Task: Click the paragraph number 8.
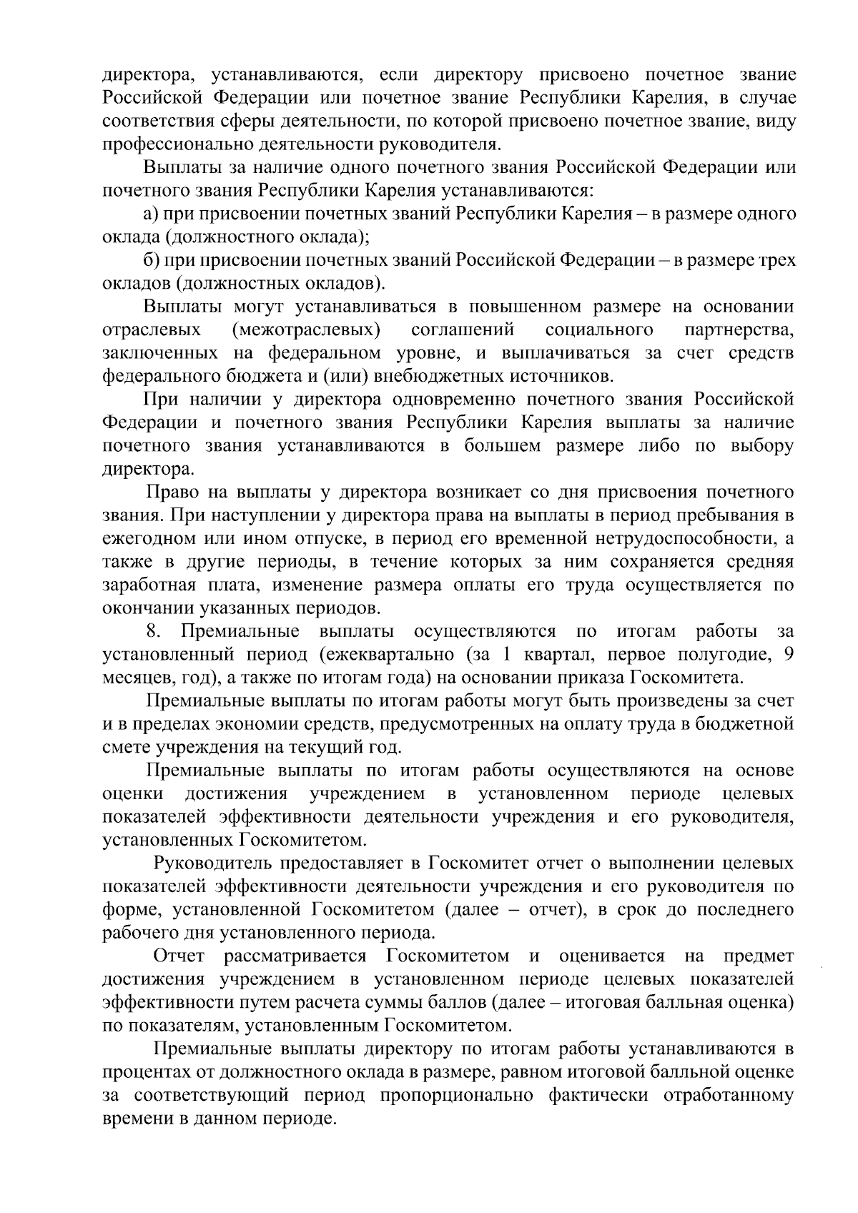153,632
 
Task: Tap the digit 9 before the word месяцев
788,655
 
